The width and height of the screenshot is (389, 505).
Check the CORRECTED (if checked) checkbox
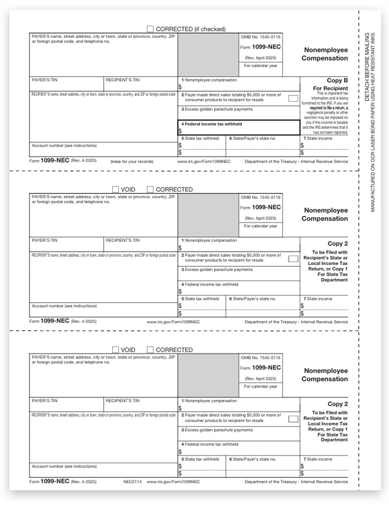tap(150, 29)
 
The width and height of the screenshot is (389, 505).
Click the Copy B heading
tap(337, 80)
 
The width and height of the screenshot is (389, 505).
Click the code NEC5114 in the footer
tap(131, 482)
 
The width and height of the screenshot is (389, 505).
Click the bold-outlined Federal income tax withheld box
tap(239, 128)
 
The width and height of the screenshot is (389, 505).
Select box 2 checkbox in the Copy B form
tap(293, 98)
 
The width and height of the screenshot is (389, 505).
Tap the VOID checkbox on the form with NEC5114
tap(116, 350)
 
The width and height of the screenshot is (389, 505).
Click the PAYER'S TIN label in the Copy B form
tap(45, 80)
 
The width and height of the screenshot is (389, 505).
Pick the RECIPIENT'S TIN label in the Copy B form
tap(122, 80)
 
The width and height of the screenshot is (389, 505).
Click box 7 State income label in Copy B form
tap(318, 138)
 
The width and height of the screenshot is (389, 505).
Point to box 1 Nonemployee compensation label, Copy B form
tap(209, 80)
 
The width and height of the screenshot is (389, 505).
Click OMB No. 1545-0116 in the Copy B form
tap(260, 37)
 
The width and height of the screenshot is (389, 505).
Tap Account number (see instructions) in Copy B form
tap(64, 146)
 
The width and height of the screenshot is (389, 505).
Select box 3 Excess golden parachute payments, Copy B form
tap(217, 109)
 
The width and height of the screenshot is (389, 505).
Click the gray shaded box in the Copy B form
tap(208, 55)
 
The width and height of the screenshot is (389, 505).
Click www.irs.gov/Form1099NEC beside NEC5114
tap(173, 482)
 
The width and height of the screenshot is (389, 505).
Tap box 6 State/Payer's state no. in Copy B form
tap(252, 138)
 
